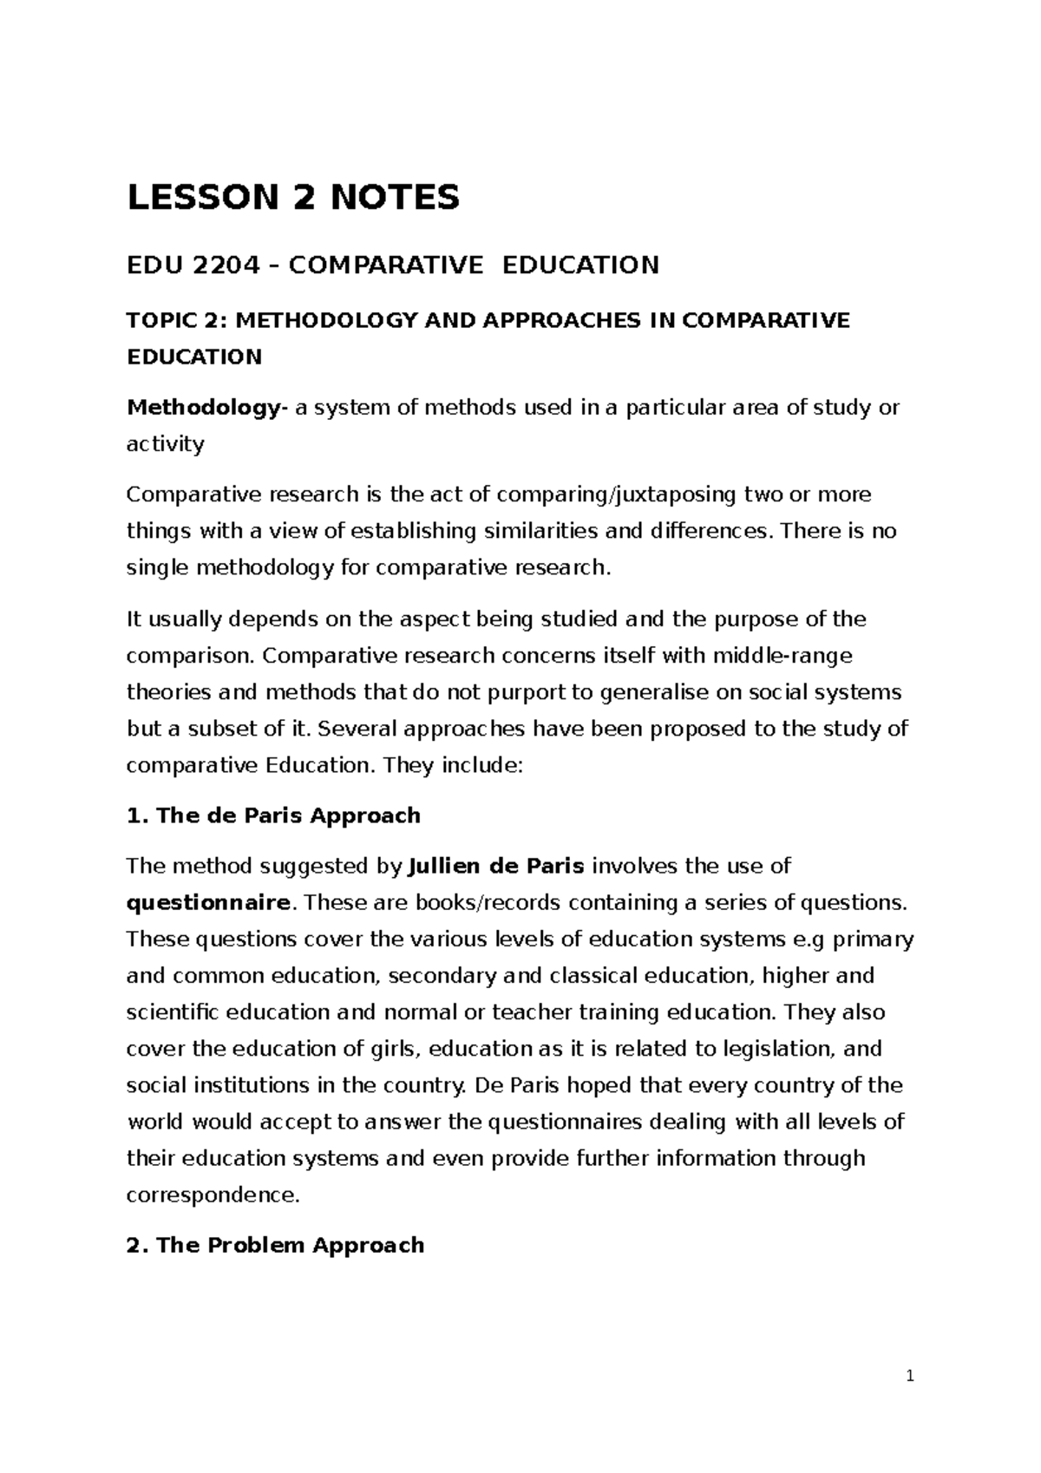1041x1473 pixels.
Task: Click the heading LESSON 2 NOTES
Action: [293, 199]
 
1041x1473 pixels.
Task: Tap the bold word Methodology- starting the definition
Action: [205, 408]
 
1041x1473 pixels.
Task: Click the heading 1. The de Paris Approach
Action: [273, 816]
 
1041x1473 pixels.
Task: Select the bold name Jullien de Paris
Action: [495, 867]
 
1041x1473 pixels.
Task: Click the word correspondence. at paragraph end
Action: [213, 1195]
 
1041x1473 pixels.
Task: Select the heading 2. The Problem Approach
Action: [275, 1246]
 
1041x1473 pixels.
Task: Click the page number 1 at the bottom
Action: [909, 1376]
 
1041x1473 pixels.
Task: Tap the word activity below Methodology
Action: [165, 445]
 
